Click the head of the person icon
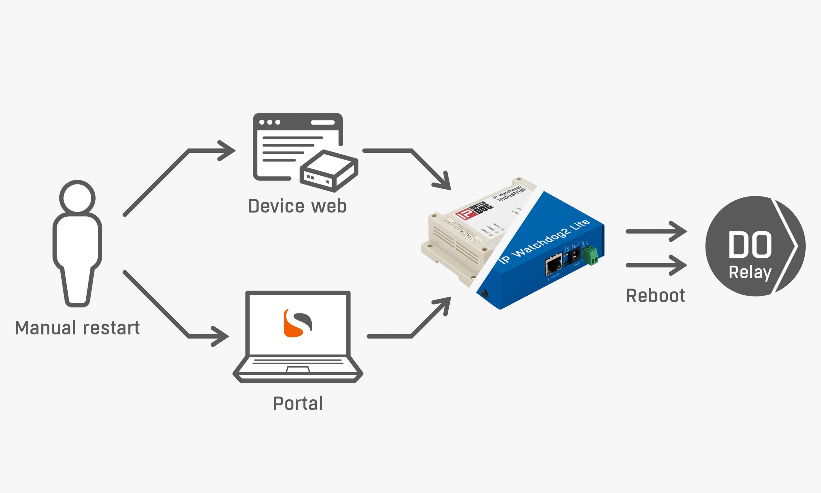coord(77,198)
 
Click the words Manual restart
coord(77,328)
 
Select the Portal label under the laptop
coord(298,403)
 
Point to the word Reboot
coord(655,296)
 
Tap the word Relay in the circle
coord(750,272)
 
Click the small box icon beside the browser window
coord(328,171)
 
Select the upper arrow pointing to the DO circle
coord(656,231)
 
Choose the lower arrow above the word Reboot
coord(656,265)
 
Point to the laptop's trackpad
coord(298,370)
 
